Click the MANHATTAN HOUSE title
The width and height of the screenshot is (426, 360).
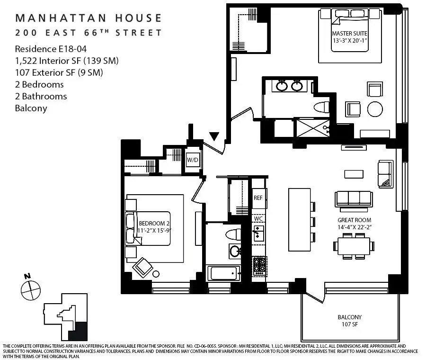[x=88, y=18]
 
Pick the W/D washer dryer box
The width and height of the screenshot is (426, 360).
[x=193, y=160]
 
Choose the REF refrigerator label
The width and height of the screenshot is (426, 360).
[x=258, y=198]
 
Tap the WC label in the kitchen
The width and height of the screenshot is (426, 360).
[x=258, y=219]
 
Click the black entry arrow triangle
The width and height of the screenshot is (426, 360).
[x=214, y=136]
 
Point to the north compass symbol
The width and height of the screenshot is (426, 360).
[x=30, y=287]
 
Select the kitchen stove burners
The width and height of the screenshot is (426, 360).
[x=260, y=266]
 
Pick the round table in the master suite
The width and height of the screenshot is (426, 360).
[x=375, y=109]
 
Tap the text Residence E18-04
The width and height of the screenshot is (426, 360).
[x=45, y=49]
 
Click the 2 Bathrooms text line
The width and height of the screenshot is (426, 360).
[x=41, y=96]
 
